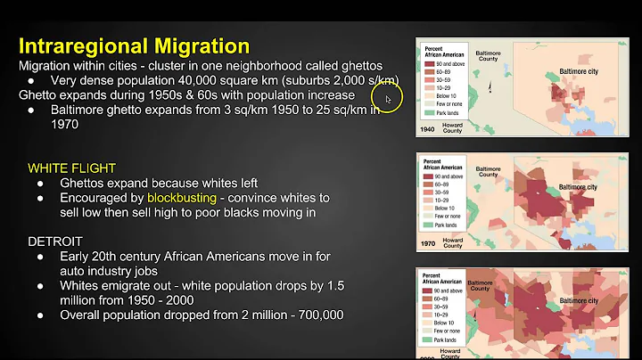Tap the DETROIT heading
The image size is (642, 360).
click(54, 241)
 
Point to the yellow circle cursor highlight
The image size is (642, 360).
click(389, 98)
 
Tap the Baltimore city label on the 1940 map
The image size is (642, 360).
click(583, 69)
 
